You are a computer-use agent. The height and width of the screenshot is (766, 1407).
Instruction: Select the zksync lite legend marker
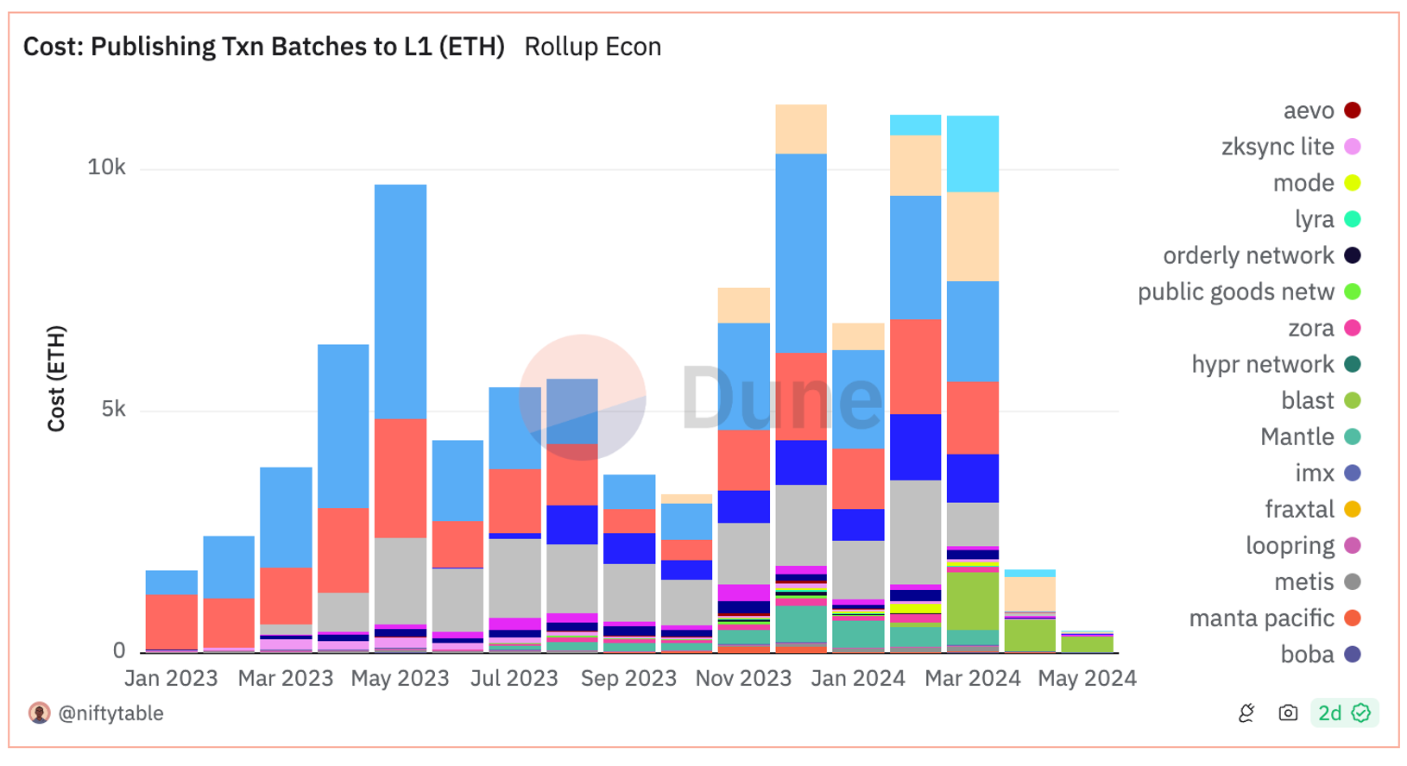1353,148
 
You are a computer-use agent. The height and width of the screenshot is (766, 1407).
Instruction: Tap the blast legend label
1308,401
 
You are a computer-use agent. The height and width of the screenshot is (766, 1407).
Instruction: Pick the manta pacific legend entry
1261,618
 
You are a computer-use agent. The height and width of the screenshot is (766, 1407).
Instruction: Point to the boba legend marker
1353,655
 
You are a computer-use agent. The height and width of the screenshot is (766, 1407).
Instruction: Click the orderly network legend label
1248,256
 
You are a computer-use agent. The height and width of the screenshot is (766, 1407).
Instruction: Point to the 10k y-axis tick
106,167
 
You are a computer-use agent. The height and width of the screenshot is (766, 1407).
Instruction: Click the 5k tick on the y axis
113,409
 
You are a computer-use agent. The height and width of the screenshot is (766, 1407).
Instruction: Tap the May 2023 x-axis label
400,679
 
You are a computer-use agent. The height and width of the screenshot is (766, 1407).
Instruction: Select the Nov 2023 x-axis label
743,679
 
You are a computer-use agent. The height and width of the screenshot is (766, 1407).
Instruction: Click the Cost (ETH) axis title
56,379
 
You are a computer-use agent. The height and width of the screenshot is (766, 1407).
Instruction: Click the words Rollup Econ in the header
593,47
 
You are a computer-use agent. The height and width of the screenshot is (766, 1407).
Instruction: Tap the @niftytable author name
110,713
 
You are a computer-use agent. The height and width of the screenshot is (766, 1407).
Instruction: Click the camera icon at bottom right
1288,713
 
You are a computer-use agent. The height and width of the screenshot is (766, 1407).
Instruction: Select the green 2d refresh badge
1343,713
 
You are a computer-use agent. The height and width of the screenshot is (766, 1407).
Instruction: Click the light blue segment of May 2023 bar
400,302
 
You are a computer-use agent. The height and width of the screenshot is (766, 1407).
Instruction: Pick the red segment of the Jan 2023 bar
171,621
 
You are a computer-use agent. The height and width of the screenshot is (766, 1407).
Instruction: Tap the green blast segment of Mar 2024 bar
973,601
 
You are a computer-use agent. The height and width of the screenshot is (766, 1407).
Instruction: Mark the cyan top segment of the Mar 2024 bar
973,154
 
